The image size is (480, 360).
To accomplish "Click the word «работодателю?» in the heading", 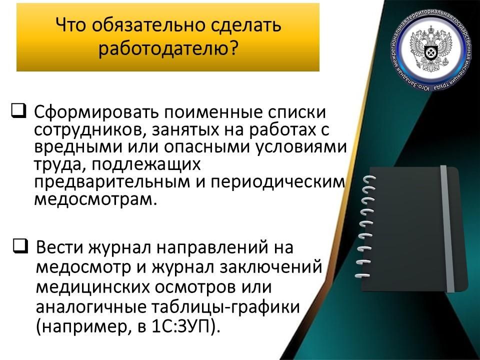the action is tap(168, 48).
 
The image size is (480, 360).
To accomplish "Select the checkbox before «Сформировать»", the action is tap(19, 110).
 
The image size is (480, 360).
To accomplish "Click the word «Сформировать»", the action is tap(96, 113).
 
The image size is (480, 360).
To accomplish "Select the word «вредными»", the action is tap(78, 146).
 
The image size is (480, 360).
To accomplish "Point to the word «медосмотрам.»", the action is tap(95, 199).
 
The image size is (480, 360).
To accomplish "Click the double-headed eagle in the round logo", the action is tap(430, 50).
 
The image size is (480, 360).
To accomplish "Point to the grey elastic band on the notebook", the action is tap(447, 229).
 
